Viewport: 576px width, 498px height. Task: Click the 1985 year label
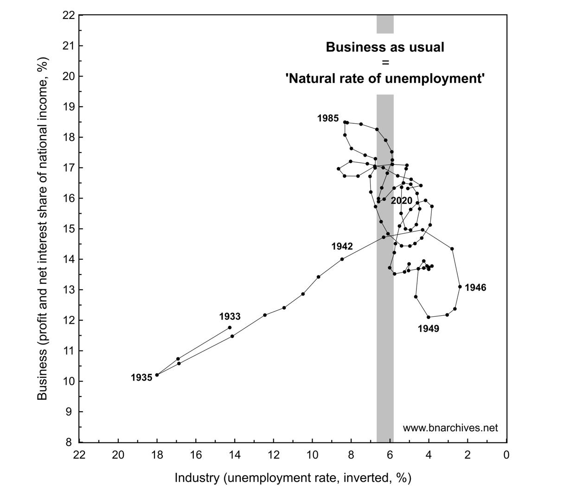coord(328,119)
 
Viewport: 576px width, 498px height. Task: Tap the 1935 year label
coord(141,378)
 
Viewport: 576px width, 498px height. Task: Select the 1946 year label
coord(475,288)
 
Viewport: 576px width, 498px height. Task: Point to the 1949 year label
coord(428,329)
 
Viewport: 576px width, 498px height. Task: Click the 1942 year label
coord(342,247)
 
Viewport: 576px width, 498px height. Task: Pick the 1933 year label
coord(230,317)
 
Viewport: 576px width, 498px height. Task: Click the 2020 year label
coord(401,201)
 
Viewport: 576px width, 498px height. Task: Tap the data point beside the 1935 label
coord(157,375)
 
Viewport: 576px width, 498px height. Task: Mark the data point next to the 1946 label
coord(460,287)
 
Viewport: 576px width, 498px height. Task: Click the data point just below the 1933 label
coord(230,327)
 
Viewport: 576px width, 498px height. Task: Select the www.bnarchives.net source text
coord(450,428)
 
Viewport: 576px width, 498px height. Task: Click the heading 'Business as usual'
coord(385,47)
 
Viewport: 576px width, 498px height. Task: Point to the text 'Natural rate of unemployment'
coord(385,79)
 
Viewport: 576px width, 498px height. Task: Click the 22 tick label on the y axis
coord(68,15)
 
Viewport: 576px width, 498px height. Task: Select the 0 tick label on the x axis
coord(506,455)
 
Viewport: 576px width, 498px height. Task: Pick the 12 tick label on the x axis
coord(273,455)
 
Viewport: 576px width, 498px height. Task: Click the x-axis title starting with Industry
coord(293,478)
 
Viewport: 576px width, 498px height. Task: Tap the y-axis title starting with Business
coord(43,228)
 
